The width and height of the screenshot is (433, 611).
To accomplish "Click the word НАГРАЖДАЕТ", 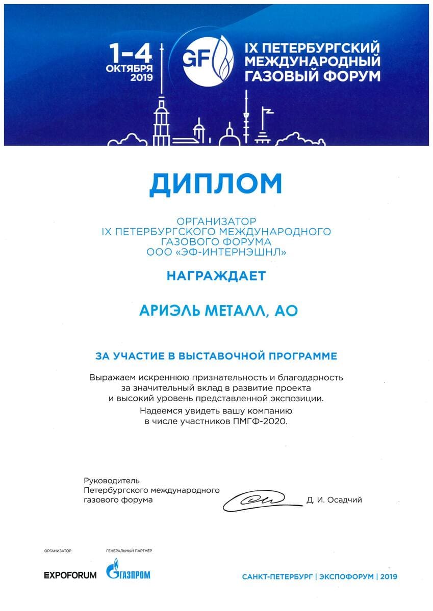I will click(216, 276).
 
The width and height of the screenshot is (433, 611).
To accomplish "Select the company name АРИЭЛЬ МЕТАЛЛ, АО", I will click(218, 311).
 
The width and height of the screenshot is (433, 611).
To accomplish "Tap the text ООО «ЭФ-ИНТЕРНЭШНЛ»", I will click(216, 252).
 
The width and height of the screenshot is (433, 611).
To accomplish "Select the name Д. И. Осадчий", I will click(335, 500).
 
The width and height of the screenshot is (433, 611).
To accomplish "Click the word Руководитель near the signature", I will click(111, 481).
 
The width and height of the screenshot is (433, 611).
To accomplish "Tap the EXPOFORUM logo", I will click(70, 575).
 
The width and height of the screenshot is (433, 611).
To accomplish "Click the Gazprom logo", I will click(128, 572).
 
